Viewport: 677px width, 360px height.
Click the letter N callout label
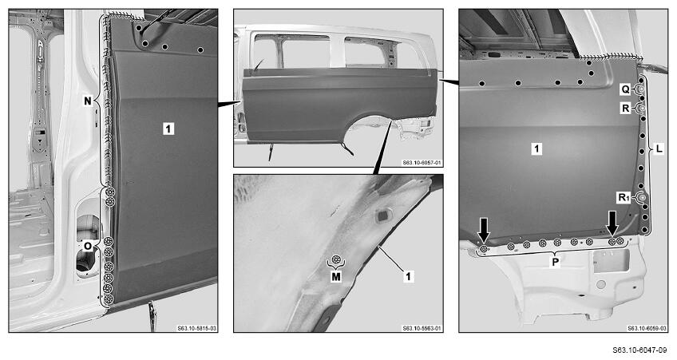88,101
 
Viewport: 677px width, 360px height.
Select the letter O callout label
88,246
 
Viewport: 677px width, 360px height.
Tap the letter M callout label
336,277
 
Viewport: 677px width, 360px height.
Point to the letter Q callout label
626,89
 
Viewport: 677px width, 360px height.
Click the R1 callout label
623,198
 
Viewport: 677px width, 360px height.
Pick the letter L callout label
659,149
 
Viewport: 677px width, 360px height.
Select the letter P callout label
555,262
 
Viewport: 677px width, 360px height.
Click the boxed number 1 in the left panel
168,129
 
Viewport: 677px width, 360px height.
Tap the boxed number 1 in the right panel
536,149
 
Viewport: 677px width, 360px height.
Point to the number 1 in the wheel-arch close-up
408,276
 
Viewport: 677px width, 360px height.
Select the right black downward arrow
612,224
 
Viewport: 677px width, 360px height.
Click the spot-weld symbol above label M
336,260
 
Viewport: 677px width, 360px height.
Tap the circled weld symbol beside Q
642,89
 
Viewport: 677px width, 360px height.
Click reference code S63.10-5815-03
196,329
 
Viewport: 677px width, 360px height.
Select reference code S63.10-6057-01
422,163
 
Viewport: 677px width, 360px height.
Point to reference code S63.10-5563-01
422,329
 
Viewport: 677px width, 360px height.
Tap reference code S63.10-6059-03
647,329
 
